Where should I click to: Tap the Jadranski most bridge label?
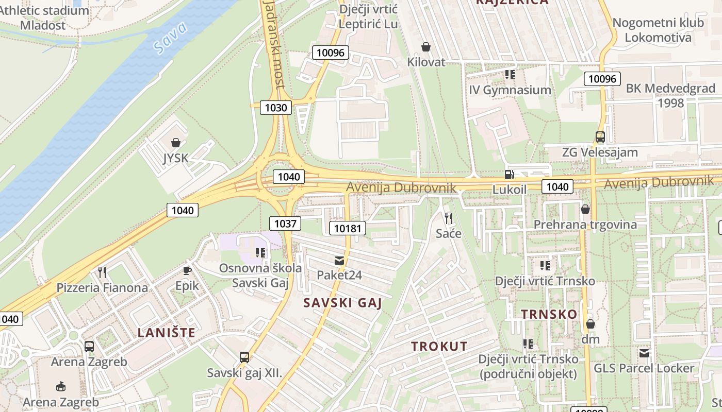[x=273, y=44]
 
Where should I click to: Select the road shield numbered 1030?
[x=276, y=108]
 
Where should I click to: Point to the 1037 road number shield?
[x=285, y=223]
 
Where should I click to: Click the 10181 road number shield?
[x=348, y=228]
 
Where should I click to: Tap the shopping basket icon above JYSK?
[x=176, y=143]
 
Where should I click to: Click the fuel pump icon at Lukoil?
[x=510, y=175]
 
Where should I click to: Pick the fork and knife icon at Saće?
[x=448, y=218]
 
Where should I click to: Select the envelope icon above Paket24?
[x=339, y=261]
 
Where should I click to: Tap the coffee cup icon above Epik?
[x=187, y=270]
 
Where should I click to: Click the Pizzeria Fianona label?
[x=102, y=287]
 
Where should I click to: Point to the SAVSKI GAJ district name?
[x=342, y=303]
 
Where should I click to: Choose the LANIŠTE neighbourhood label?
[x=167, y=333]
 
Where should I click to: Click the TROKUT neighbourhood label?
[x=439, y=347]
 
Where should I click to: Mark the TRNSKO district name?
[x=549, y=314]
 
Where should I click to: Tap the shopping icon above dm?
[x=590, y=324]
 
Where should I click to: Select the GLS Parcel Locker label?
[x=644, y=368]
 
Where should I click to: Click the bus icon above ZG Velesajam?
[x=600, y=138]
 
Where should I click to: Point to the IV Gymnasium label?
[x=510, y=90]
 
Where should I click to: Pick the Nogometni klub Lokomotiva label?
[x=658, y=30]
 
